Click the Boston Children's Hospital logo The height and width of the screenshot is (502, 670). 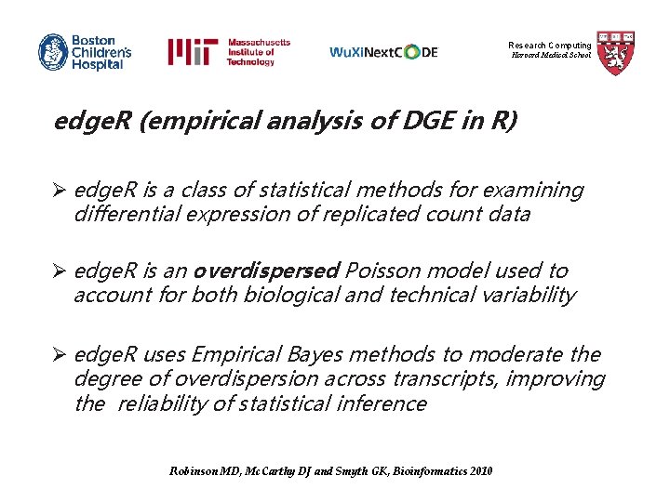click(x=85, y=52)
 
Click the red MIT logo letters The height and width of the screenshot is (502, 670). click(x=193, y=52)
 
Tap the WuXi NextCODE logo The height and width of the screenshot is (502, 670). click(x=383, y=53)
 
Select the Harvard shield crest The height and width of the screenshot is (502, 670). click(x=615, y=52)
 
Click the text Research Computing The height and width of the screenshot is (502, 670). click(x=549, y=46)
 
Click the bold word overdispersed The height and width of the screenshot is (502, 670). click(x=265, y=271)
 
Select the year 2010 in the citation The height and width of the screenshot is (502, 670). click(x=481, y=471)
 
